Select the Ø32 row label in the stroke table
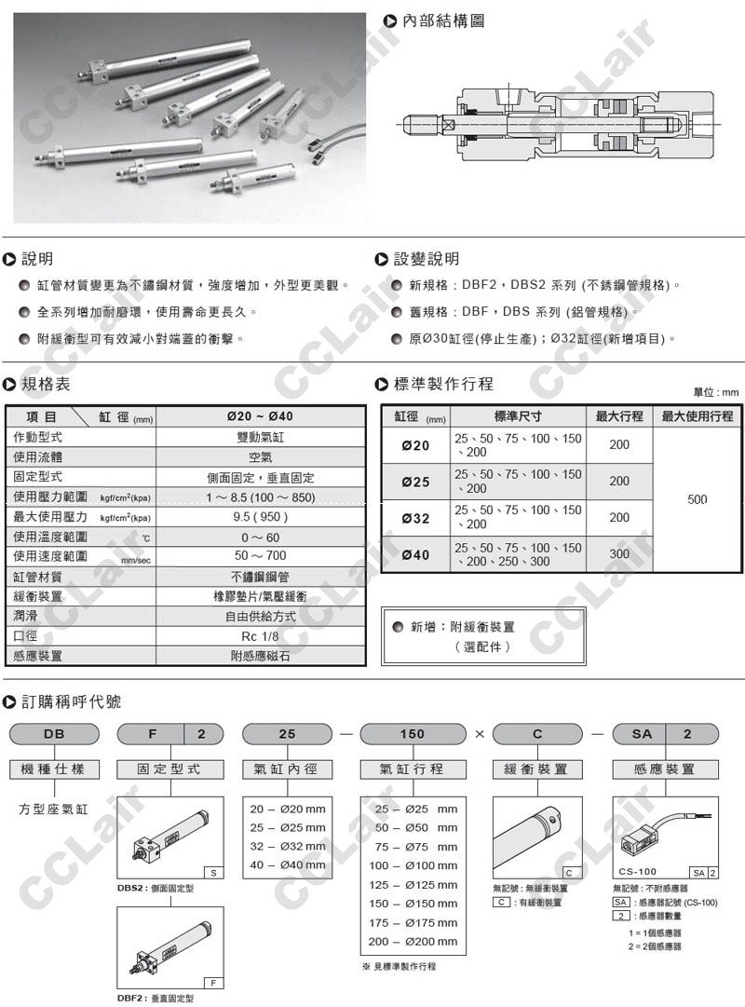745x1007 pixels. pos(415,518)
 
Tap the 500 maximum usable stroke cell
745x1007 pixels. pos(697,499)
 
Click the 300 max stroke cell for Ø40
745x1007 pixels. pos(619,553)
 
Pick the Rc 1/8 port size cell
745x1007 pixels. pos(261,635)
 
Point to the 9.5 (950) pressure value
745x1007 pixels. pos(261,516)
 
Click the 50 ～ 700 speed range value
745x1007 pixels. pos(261,556)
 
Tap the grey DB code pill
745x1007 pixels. pos(52,734)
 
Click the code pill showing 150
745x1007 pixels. pos(413,734)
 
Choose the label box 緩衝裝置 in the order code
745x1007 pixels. pos(538,769)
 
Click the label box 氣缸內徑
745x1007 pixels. pos(287,769)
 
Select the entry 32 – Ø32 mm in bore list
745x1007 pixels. pos(289,846)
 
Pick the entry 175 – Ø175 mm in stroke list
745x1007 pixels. pos(416,922)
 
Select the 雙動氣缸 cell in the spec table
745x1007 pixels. pos(261,437)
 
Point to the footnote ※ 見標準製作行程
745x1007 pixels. pos(399,966)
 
